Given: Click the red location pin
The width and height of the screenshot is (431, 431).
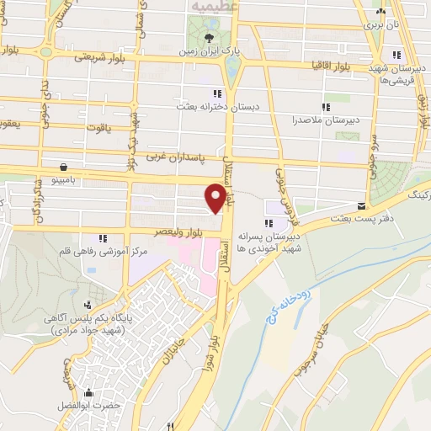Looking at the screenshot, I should pyautogui.click(x=216, y=197).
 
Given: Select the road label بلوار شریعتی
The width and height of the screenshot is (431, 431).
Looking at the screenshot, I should pyautogui.click(x=98, y=57).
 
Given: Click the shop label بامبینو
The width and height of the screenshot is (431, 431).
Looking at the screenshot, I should pyautogui.click(x=65, y=180).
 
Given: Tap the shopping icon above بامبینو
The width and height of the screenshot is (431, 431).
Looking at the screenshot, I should pyautogui.click(x=65, y=165).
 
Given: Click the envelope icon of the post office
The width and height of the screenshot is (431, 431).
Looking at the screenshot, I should pyautogui.click(x=360, y=205).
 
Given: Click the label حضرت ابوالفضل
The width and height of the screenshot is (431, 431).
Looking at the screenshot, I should pyautogui.click(x=115, y=405).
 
